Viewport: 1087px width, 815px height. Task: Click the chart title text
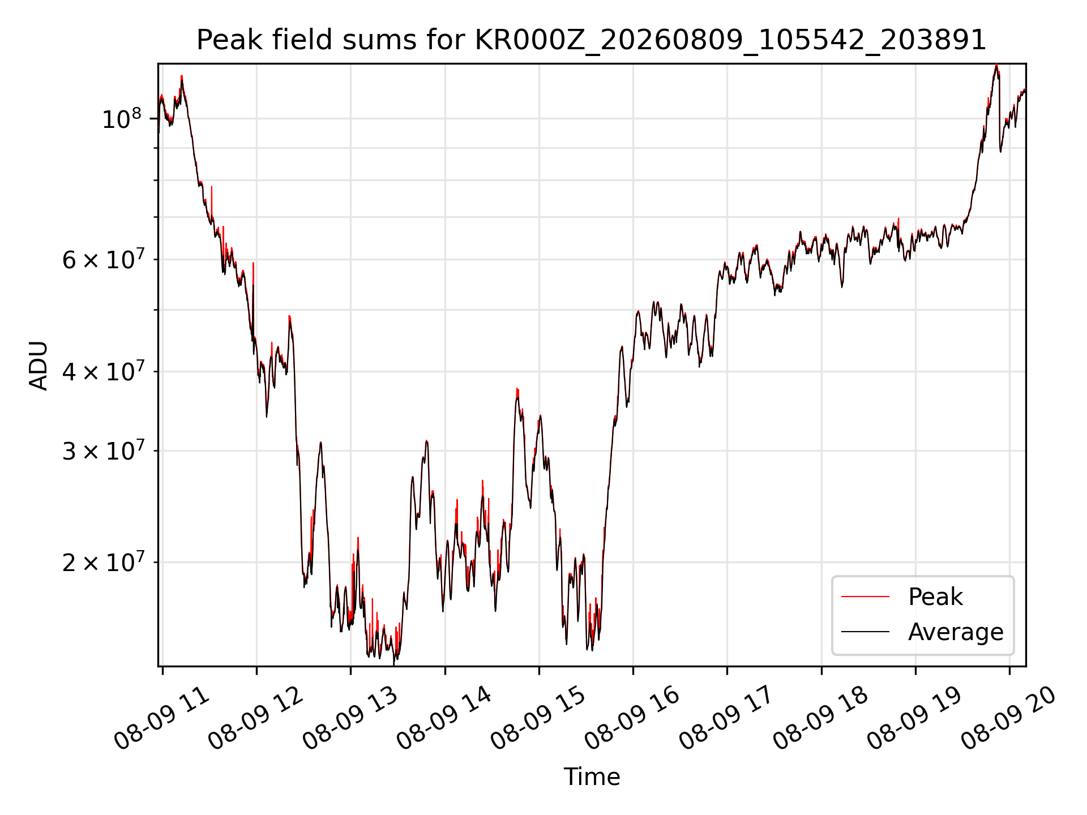(x=592, y=40)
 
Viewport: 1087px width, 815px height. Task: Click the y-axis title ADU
(x=38, y=366)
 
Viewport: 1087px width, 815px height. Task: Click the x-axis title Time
(x=592, y=777)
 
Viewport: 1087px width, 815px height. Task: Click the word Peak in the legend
(x=935, y=597)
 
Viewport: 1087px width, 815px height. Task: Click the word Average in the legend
(x=956, y=632)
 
